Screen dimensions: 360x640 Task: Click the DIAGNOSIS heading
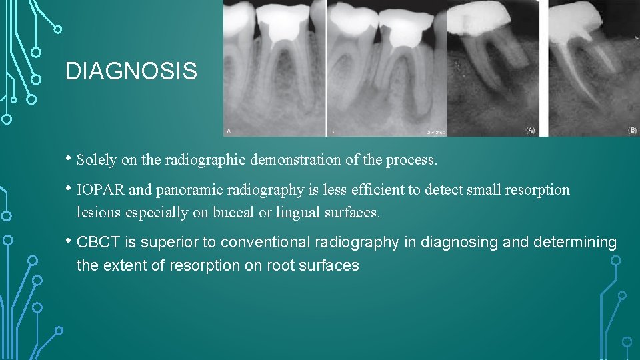(x=131, y=71)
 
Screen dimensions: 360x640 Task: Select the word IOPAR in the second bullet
(x=101, y=190)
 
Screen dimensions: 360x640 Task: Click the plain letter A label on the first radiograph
(x=229, y=131)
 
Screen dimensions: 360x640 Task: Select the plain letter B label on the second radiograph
(x=331, y=131)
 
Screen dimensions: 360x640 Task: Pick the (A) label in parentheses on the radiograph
(x=530, y=130)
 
